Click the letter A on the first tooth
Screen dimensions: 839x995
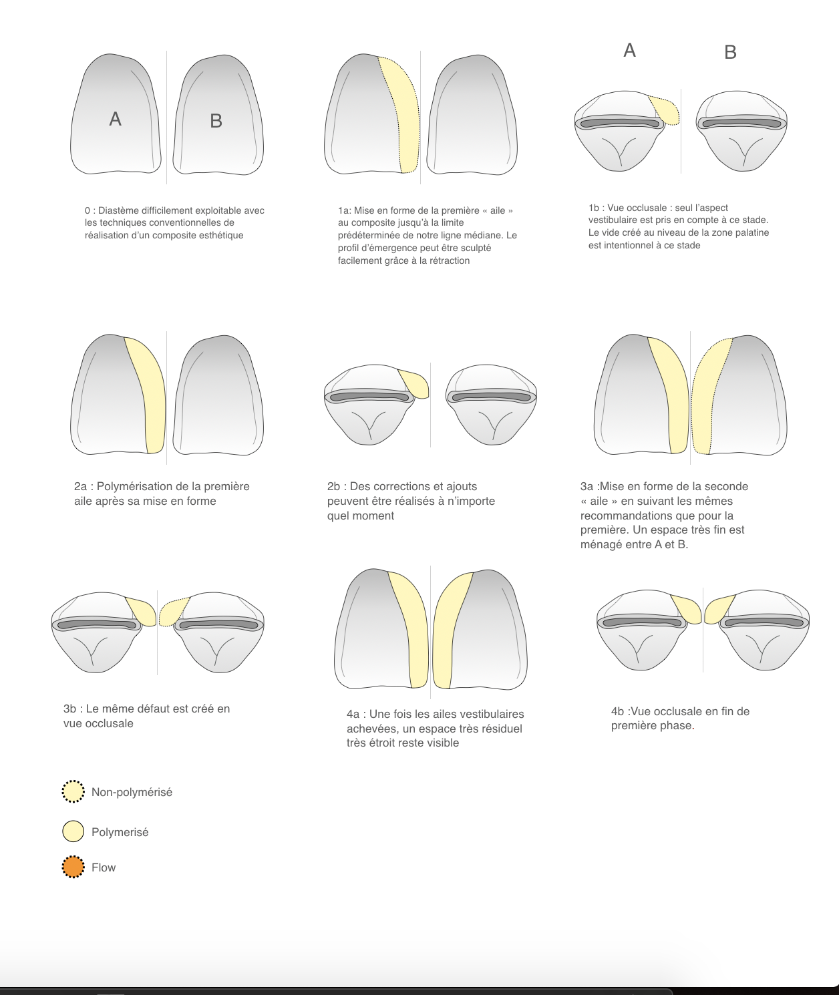[x=116, y=119]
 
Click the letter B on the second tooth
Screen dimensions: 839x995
[x=216, y=121]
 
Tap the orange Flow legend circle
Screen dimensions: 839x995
[x=73, y=867]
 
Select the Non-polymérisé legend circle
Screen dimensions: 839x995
[x=73, y=791]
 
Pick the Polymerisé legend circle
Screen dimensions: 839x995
[x=73, y=831]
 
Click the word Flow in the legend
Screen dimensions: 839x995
[x=104, y=867]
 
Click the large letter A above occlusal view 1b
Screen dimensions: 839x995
[x=629, y=50]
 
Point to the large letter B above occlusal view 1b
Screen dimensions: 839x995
[x=730, y=52]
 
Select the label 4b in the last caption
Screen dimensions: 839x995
[x=617, y=711]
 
